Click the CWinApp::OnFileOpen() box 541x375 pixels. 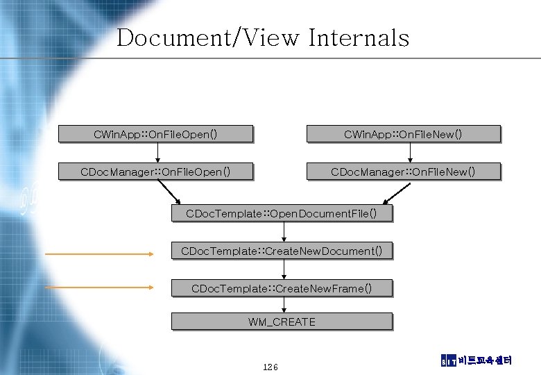155,133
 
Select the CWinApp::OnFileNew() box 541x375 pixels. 403,133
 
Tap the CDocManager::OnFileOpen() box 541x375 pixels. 155,171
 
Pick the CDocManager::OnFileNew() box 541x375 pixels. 403,171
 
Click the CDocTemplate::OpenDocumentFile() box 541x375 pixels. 282,213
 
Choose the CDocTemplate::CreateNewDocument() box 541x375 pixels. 282,250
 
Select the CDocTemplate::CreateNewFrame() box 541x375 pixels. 282,287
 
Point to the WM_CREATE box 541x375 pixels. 282,322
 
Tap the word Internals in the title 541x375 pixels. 359,37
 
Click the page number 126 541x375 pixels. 270,366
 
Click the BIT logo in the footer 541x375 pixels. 449,360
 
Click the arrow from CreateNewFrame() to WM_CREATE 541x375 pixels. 284,305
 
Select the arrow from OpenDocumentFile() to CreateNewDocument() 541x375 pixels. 284,231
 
